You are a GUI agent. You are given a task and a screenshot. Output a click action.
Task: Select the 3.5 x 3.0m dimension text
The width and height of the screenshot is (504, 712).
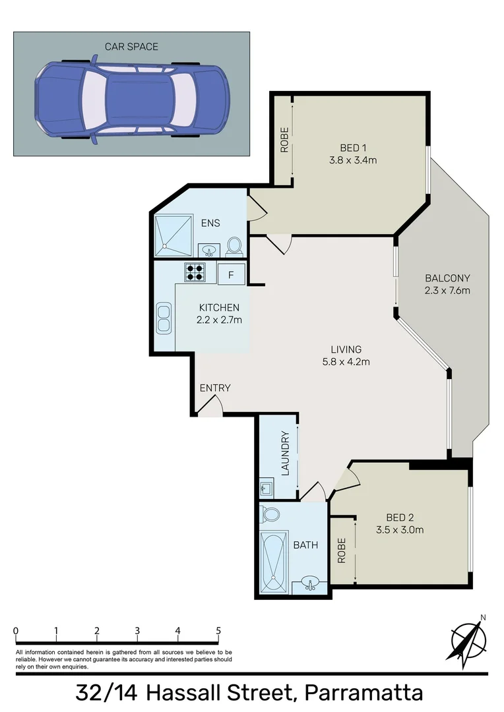(x=399, y=529)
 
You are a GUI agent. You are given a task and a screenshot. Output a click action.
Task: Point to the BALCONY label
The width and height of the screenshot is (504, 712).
(x=447, y=278)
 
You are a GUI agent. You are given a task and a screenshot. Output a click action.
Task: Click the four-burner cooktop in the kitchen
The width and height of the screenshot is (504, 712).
(x=195, y=272)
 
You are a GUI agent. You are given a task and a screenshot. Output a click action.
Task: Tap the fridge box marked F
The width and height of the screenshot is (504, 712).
(x=230, y=274)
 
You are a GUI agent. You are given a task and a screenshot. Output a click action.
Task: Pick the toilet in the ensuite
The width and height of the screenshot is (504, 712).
(x=233, y=247)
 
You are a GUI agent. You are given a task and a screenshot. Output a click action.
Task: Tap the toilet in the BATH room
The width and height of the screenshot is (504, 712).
(x=270, y=514)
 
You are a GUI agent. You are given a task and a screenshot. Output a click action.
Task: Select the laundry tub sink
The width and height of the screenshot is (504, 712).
(x=267, y=489)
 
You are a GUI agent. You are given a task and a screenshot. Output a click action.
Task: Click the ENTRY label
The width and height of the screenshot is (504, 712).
(x=215, y=388)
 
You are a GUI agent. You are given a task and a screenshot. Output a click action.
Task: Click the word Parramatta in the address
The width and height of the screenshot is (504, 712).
(x=363, y=694)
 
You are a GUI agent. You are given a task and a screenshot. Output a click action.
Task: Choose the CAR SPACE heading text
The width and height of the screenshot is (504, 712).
(x=131, y=47)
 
